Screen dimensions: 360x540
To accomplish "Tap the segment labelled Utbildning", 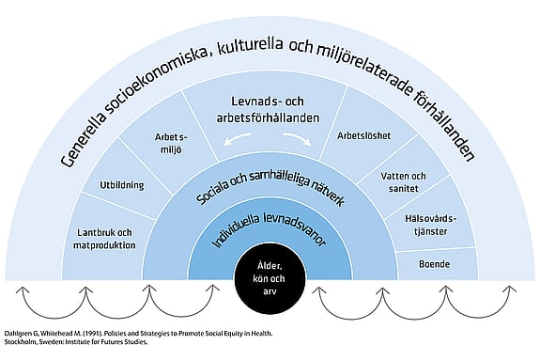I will pyautogui.click(x=122, y=185).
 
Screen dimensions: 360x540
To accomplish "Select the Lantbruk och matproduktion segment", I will pyautogui.click(x=103, y=240).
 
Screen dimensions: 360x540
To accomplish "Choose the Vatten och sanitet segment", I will pyautogui.click(x=403, y=182).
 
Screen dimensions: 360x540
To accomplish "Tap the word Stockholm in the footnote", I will pyautogui.click(x=23, y=345).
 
